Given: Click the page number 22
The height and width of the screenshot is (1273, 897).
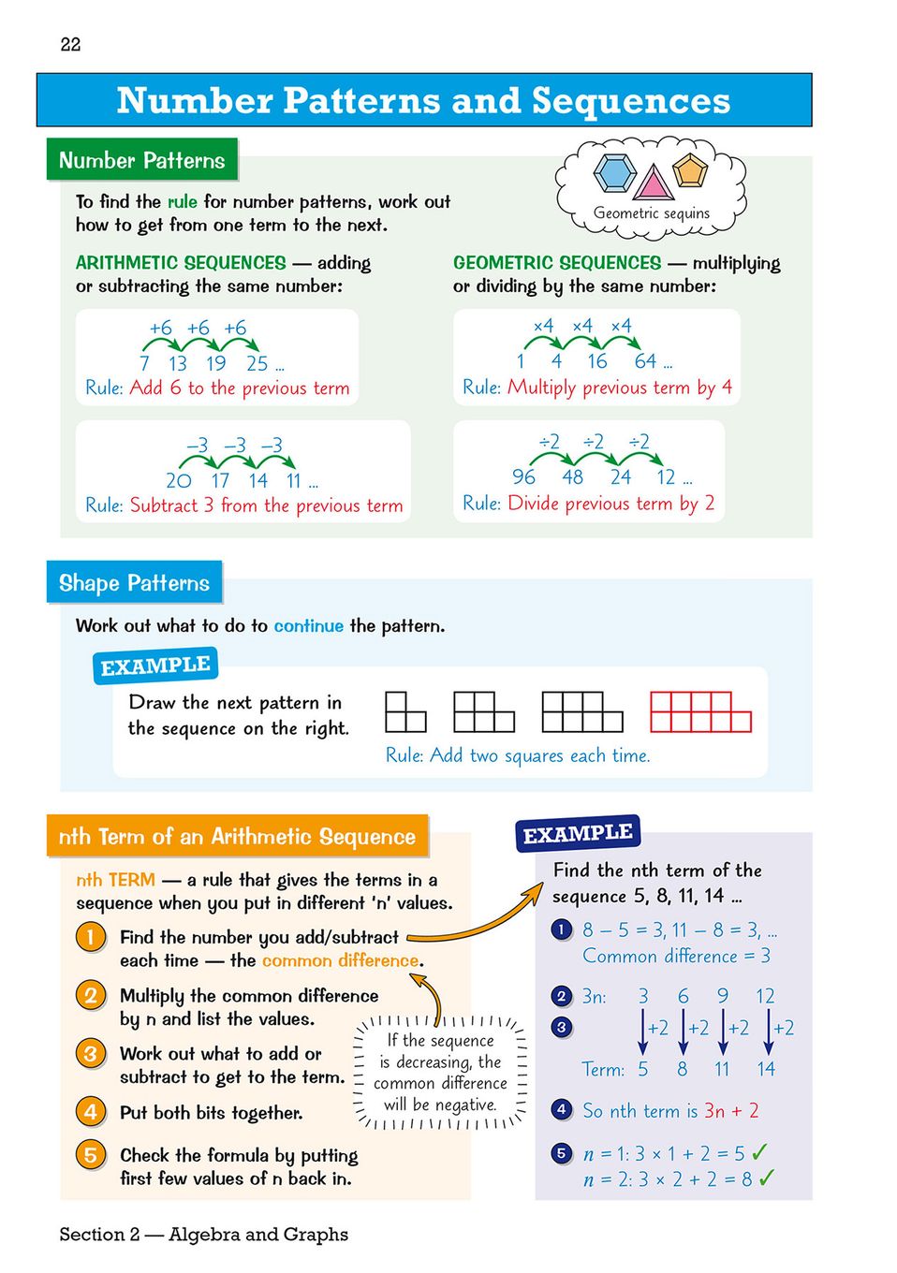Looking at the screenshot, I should coord(70,44).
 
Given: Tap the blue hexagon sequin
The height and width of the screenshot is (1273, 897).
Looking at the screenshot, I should coord(614,173).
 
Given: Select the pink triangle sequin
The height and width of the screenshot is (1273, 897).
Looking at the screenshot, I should coord(653,183).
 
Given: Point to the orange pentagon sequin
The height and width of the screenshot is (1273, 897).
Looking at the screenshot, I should coord(690,171).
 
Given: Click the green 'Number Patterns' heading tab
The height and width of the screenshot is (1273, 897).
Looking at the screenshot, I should coord(142,160).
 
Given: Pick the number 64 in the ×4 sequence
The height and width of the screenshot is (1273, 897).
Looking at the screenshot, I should coord(646,361).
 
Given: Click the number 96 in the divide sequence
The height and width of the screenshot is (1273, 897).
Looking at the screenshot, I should coord(523,476).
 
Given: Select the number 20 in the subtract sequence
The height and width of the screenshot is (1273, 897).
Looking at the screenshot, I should coord(178,481).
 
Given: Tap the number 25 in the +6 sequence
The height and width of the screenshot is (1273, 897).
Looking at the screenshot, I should coord(257,363).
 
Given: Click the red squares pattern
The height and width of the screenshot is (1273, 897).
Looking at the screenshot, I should coord(700,711).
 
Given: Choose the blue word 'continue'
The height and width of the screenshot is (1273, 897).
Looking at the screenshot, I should coord(308,625).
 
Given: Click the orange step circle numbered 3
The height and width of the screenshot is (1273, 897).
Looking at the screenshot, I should coord(91,1054).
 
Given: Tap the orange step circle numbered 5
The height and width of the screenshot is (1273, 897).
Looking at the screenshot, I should coord(91,1155).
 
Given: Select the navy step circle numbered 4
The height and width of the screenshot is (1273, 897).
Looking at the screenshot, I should coord(562,1110).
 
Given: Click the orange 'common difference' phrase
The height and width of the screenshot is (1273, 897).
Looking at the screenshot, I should coord(341,960).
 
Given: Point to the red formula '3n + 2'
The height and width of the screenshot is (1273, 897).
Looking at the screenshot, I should coord(731,1111).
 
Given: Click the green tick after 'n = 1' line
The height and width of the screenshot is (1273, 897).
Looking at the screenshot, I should coord(759,1152).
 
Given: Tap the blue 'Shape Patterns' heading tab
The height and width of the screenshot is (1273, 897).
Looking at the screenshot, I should coord(134,583).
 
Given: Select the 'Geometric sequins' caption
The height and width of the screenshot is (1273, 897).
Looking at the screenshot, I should coord(652,213).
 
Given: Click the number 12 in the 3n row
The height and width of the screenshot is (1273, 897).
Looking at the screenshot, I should coord(765,996).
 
